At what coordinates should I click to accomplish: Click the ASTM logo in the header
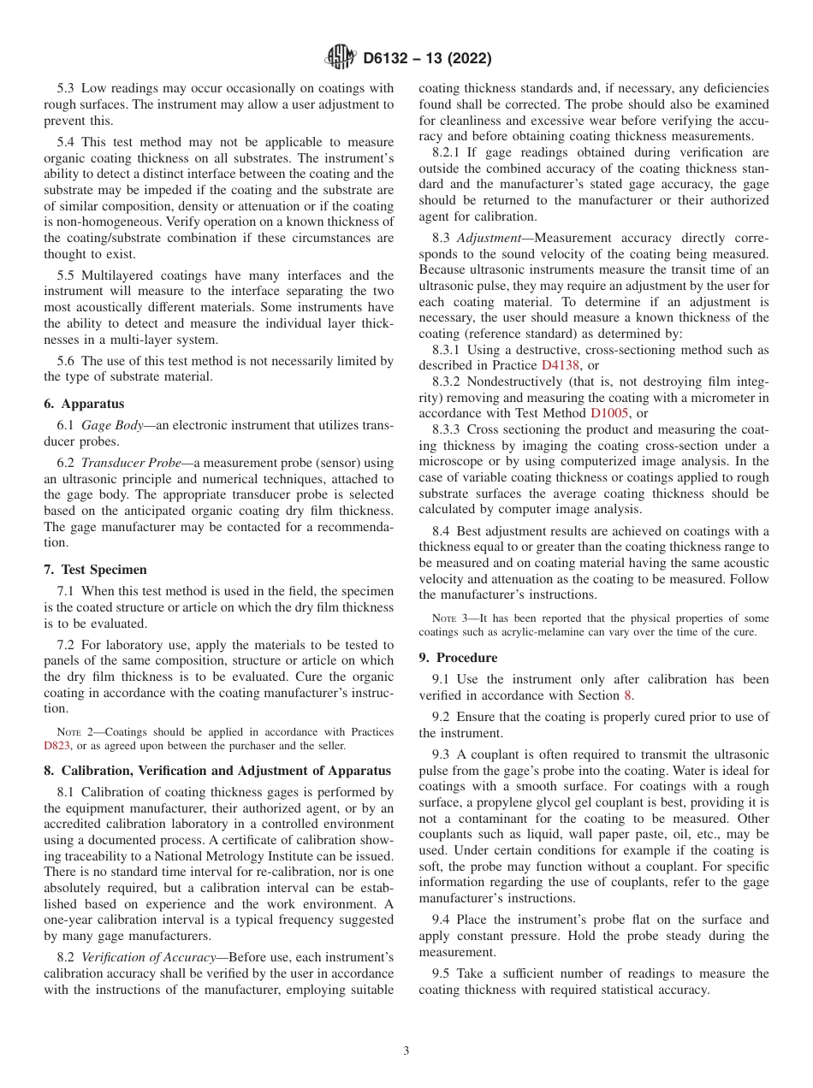click(341, 58)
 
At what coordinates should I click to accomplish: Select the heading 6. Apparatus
click(84, 403)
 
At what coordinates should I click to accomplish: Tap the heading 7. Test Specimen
click(95, 569)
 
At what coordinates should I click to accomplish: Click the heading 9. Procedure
click(458, 657)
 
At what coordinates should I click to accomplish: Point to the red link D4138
click(560, 365)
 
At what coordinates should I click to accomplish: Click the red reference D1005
click(610, 412)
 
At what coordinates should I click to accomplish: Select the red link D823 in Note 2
click(58, 745)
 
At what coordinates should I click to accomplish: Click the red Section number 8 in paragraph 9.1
click(627, 695)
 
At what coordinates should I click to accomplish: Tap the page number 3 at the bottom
click(406, 1050)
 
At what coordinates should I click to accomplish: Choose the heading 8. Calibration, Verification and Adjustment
click(217, 771)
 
